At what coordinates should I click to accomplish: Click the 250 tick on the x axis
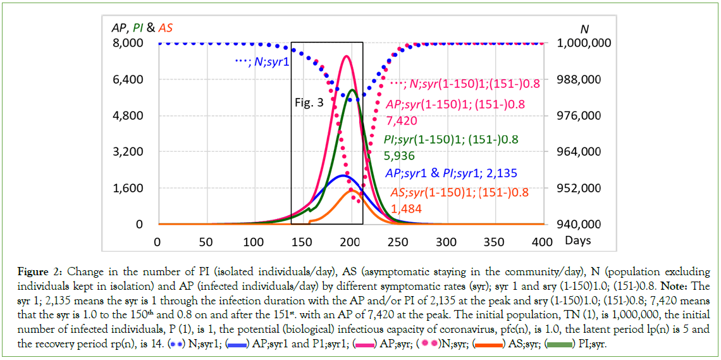pos(398,242)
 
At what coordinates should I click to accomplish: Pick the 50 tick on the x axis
pos(206,242)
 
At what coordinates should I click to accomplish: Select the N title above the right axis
pos(584,28)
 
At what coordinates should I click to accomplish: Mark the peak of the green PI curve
pos(352,90)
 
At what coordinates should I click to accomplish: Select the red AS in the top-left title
pos(166,28)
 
